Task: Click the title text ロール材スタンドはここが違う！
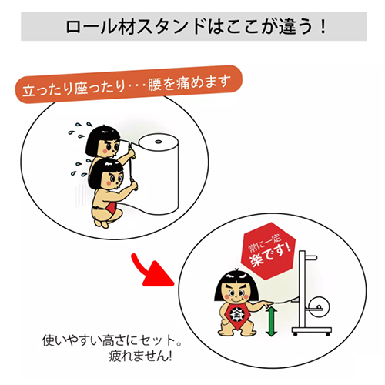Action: point(196,26)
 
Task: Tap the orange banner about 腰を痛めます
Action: point(129,85)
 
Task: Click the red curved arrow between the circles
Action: point(152,272)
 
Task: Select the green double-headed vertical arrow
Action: point(271,322)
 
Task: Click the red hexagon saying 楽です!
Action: point(269,251)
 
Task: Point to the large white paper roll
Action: point(157,175)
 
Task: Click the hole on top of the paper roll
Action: point(158,142)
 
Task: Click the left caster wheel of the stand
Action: point(296,334)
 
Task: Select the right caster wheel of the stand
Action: point(328,334)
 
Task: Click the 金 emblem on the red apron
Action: point(236,314)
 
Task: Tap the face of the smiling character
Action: point(236,293)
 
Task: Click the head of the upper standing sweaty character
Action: point(103,142)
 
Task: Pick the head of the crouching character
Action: point(106,175)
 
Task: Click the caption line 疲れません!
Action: point(140,357)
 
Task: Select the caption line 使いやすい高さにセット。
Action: point(112,340)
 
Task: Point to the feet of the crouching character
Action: point(102,223)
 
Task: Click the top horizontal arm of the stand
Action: point(311,257)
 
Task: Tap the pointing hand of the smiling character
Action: point(267,304)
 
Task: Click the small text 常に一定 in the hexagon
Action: point(265,243)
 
